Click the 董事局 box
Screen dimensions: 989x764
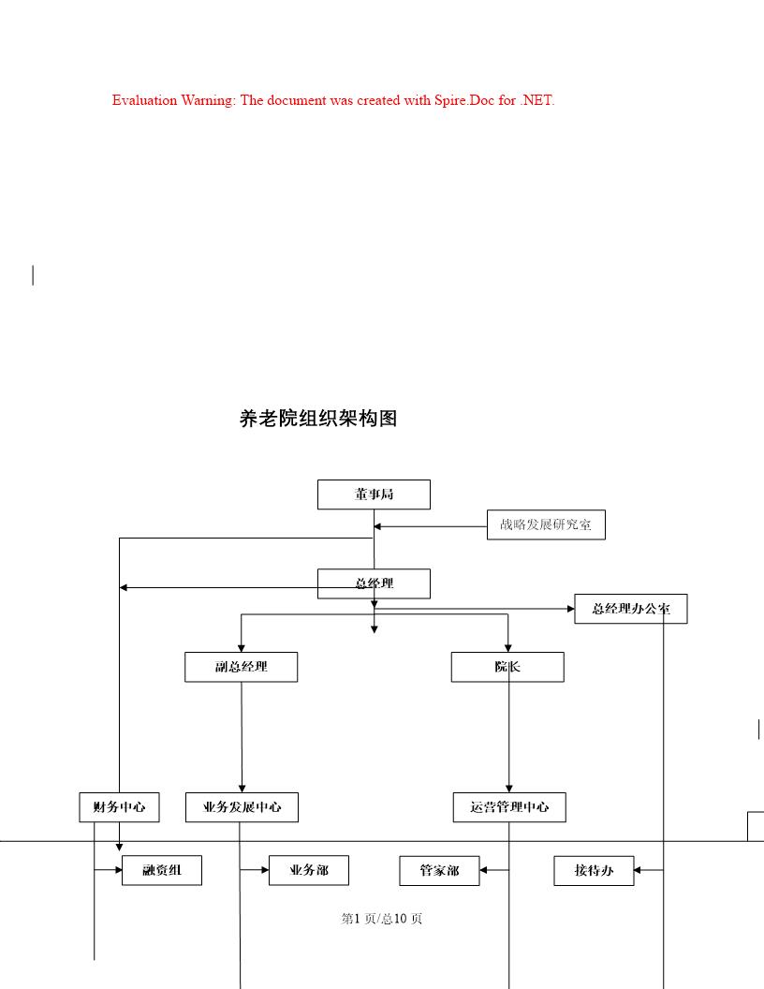point(374,494)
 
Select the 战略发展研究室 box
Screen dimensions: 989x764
point(546,524)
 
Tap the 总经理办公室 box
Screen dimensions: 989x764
point(630,609)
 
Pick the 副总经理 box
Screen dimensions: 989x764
point(241,667)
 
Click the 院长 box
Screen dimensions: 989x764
point(507,667)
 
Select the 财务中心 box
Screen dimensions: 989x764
point(119,806)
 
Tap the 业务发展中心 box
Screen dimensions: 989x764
point(242,806)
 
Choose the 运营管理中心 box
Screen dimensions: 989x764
point(509,806)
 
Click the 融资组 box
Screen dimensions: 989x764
point(162,870)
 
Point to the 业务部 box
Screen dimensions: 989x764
point(309,870)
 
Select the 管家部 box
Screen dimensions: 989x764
point(439,870)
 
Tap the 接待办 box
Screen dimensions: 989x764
point(594,870)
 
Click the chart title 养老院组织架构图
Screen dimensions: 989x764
point(318,419)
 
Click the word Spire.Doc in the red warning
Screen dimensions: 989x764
point(463,100)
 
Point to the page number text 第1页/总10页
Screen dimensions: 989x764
point(382,919)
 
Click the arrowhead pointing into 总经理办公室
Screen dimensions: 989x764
point(570,609)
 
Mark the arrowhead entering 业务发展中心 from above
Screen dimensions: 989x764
point(242,789)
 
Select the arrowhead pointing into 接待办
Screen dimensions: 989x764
point(639,870)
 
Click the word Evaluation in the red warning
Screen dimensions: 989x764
point(145,100)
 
